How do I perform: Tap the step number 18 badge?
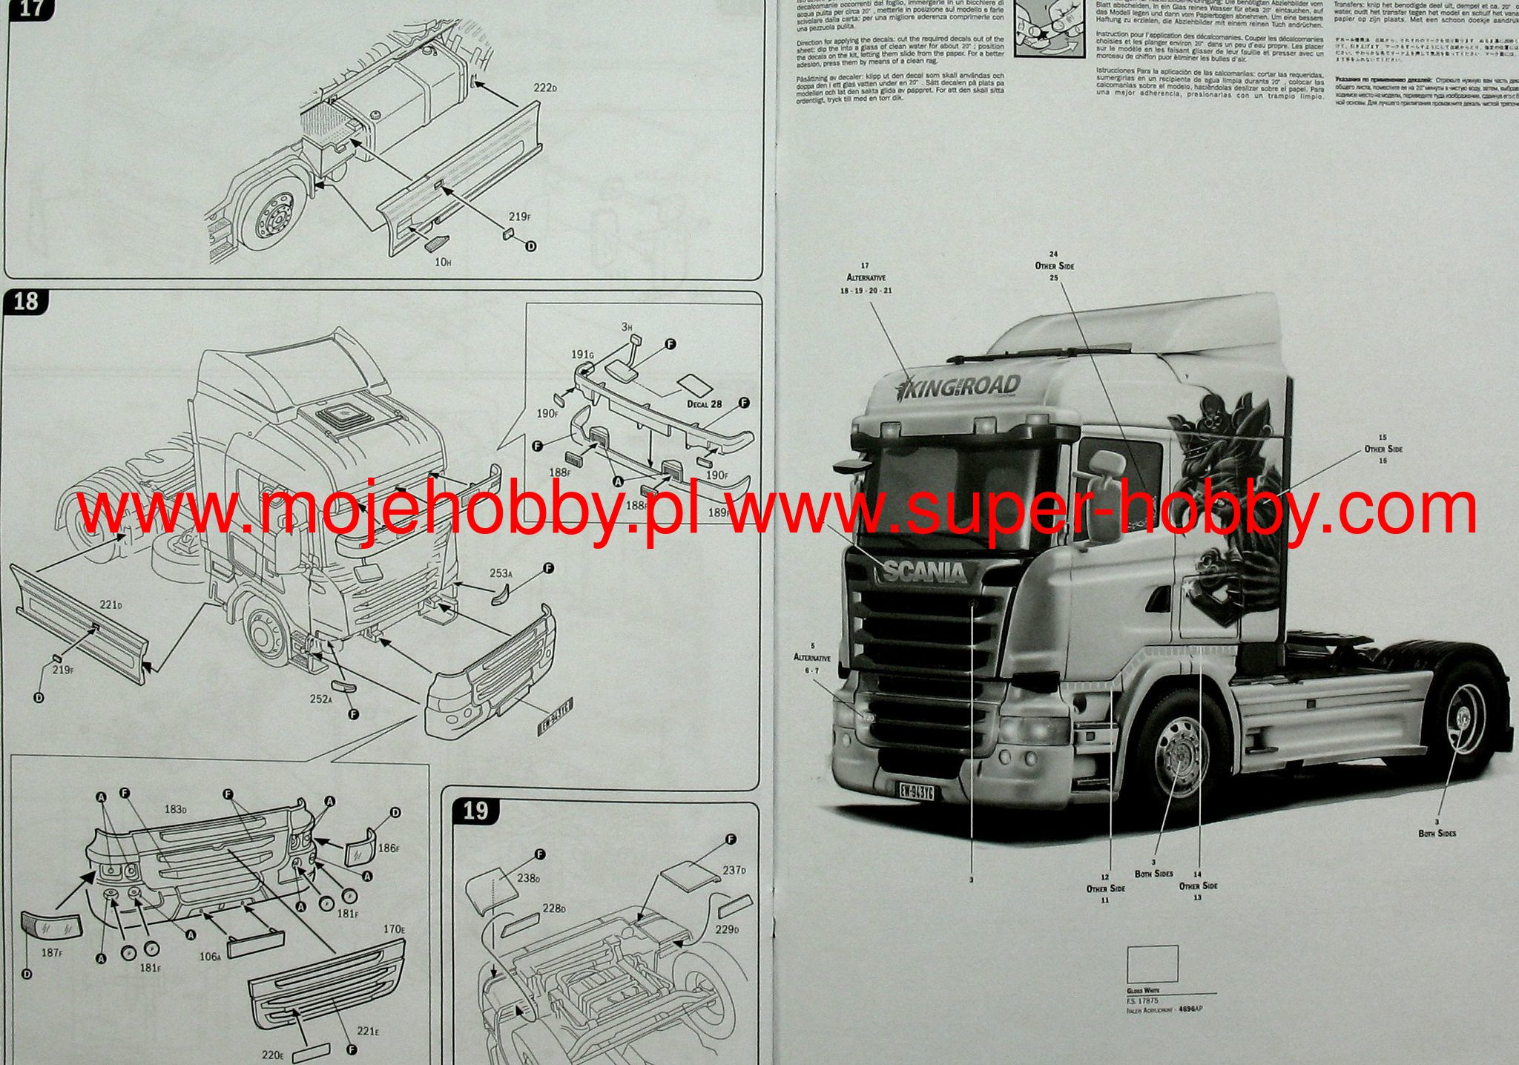tap(26, 302)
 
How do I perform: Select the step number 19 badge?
tap(475, 811)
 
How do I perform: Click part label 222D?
tap(545, 88)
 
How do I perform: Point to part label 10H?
tap(443, 263)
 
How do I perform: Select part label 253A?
tap(501, 573)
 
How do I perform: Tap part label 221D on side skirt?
tap(110, 605)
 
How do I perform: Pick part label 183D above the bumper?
tap(175, 809)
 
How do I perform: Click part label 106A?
tap(210, 957)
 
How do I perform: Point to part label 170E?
tap(394, 929)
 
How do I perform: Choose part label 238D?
tap(528, 877)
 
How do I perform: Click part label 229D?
tap(727, 929)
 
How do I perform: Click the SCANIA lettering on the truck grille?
tap(924, 572)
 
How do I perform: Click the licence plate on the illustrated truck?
tap(917, 791)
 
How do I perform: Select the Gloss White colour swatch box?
tap(1152, 964)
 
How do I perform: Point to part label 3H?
tap(626, 327)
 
